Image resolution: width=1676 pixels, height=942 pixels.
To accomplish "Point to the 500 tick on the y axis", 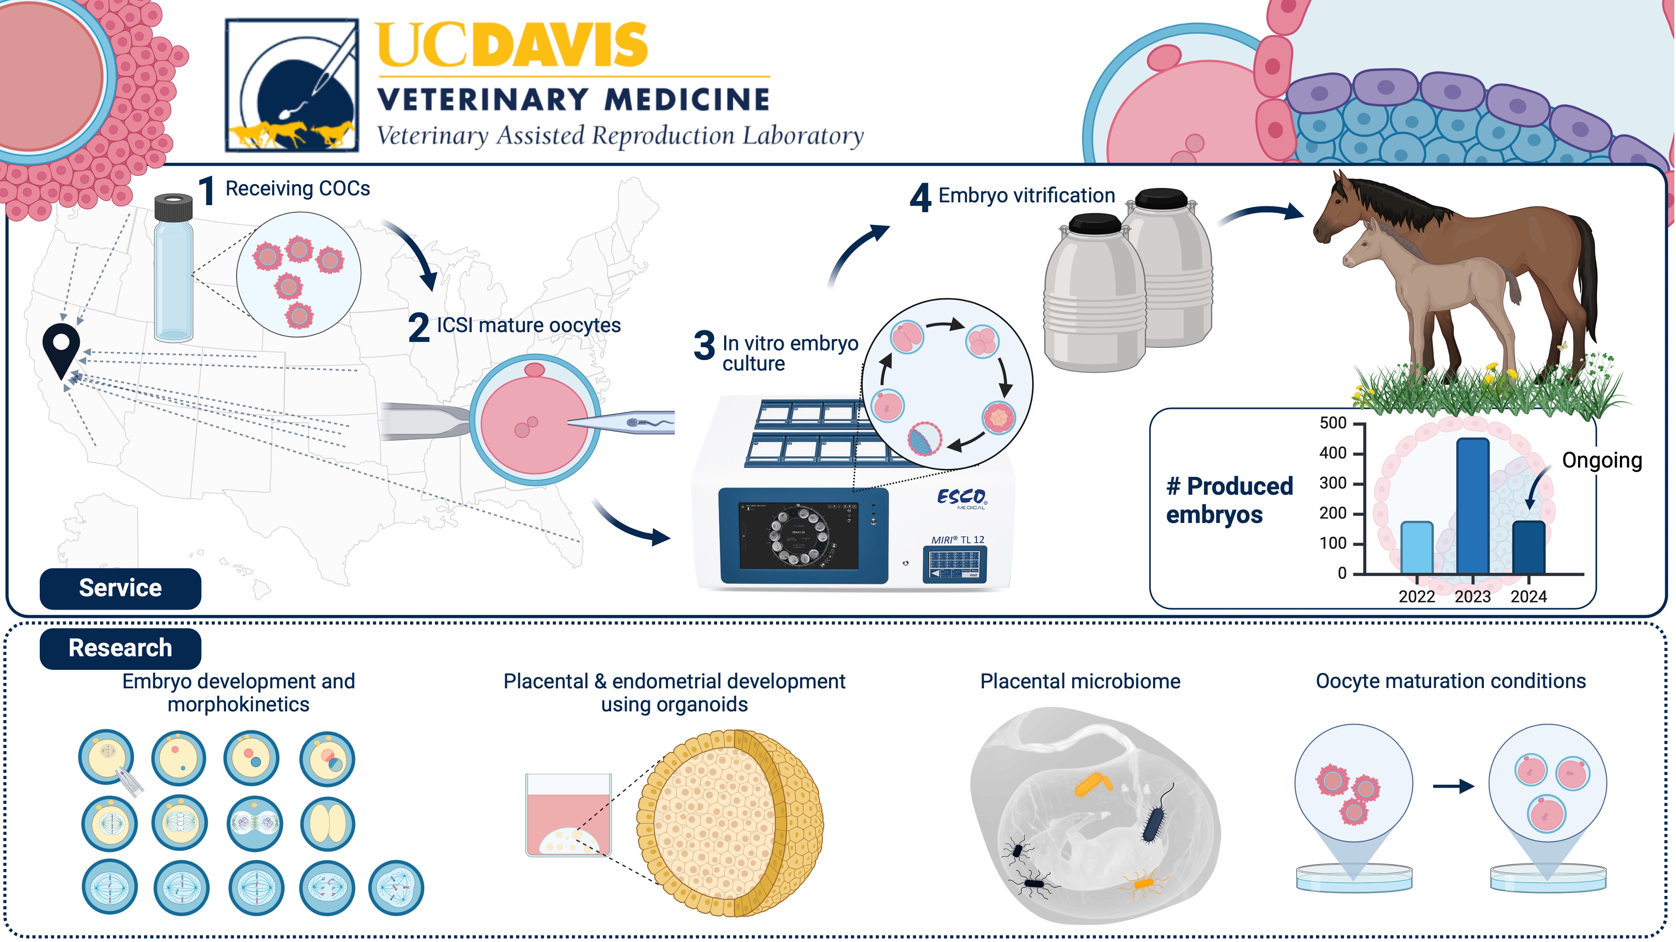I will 1333,424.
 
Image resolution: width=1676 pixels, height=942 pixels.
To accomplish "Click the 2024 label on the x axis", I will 1528,597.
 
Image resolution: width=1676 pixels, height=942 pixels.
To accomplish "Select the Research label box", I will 121,648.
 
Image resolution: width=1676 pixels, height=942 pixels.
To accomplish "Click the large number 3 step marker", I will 704,345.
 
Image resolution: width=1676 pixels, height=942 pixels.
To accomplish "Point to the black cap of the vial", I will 174,207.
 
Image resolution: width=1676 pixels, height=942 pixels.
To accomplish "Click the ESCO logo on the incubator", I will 961,498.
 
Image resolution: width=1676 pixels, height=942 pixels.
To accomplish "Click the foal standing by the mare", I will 1425,286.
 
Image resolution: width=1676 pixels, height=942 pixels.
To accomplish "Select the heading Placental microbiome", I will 1080,681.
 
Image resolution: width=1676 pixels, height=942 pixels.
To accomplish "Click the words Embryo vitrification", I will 1026,195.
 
